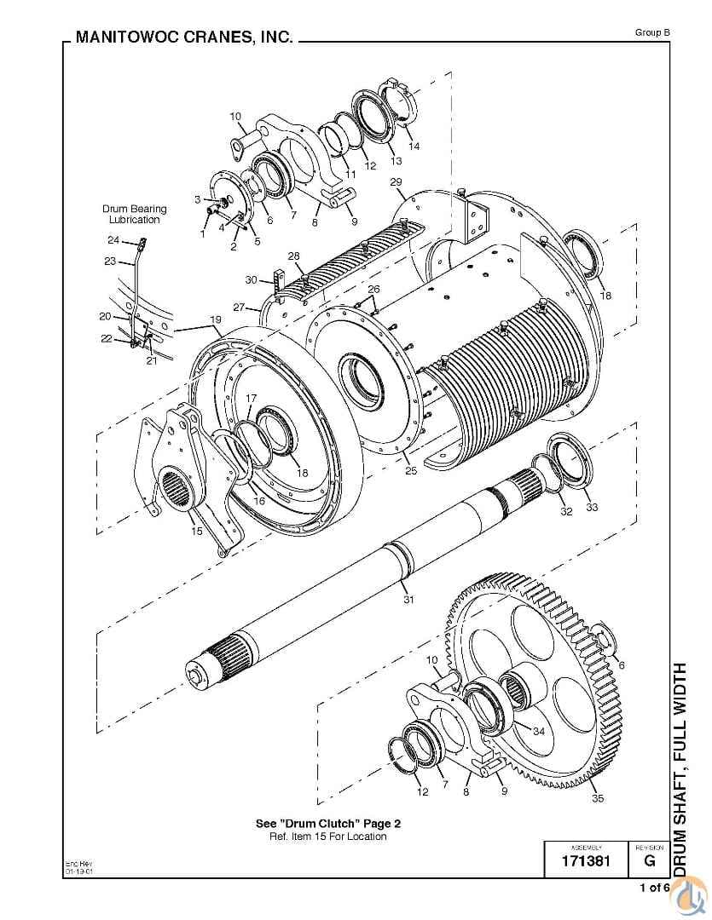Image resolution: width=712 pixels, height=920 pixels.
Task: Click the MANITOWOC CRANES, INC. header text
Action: pos(184,37)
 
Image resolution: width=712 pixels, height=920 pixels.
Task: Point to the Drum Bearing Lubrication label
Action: pos(135,214)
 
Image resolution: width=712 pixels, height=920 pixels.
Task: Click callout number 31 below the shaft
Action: pos(408,600)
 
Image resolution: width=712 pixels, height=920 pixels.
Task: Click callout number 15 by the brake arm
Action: pos(197,532)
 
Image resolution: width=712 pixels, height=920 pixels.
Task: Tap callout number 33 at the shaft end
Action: pos(591,508)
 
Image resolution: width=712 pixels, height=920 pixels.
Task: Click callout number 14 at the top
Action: pos(414,147)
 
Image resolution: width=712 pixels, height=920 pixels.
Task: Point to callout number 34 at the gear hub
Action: pos(538,731)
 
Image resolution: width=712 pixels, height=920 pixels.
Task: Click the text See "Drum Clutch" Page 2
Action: pos(328,823)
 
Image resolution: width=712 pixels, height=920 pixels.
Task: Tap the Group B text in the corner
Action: pos(652,32)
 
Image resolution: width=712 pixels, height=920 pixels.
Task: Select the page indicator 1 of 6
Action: pos(654,888)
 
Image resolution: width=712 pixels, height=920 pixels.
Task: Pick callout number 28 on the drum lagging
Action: pos(293,256)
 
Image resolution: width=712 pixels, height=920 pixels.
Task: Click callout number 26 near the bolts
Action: pos(373,290)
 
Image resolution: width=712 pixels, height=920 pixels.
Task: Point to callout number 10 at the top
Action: pos(235,116)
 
